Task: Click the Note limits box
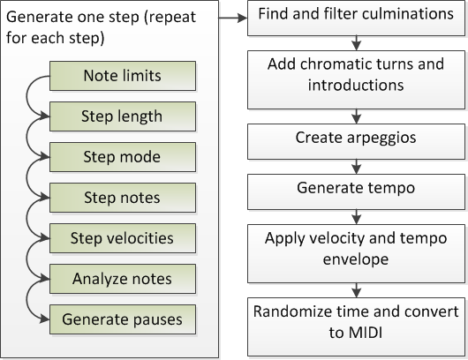[123, 76]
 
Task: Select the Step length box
[123, 116]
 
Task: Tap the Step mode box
[123, 157]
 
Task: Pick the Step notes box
[123, 198]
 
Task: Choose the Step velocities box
[123, 238]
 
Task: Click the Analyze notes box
[123, 279]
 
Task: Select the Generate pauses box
[123, 319]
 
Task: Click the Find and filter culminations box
[356, 19]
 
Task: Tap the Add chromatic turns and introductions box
[356, 79]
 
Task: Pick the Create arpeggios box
[356, 141]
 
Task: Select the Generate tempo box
[356, 191]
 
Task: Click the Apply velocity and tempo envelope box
[356, 253]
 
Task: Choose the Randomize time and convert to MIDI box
[356, 326]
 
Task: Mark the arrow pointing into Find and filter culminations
[233, 18]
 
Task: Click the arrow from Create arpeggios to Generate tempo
[357, 167]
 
